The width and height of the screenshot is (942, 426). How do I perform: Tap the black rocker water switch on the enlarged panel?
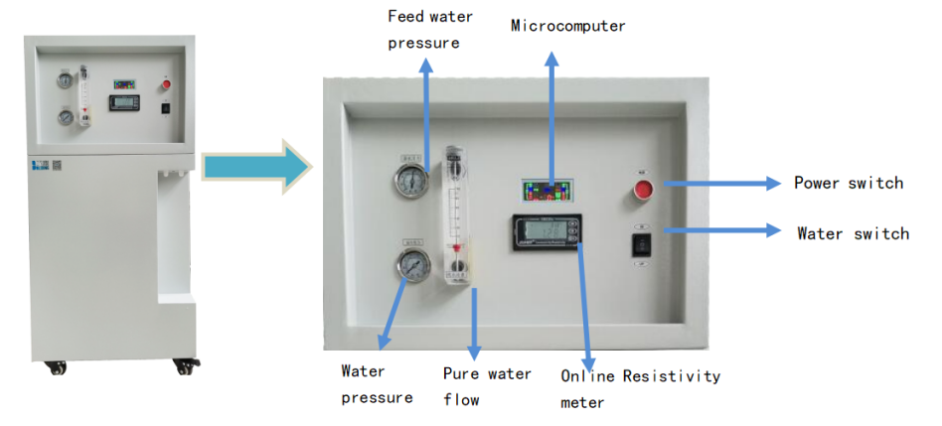click(x=642, y=246)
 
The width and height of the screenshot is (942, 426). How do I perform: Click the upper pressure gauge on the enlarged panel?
click(x=411, y=181)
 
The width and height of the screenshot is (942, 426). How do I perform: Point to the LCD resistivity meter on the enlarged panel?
click(x=546, y=231)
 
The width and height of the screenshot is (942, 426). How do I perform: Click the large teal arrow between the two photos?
click(x=256, y=166)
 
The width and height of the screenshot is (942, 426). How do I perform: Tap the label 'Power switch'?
click(x=849, y=183)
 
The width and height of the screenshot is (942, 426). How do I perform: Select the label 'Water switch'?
click(x=854, y=232)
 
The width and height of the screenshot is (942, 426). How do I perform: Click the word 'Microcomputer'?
click(x=568, y=26)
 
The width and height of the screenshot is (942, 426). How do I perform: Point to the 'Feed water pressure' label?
click(x=430, y=30)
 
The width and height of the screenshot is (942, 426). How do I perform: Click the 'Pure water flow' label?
click(x=487, y=386)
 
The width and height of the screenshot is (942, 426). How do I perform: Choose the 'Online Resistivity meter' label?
click(x=640, y=389)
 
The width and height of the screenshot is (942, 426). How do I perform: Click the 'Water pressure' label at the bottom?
click(x=378, y=384)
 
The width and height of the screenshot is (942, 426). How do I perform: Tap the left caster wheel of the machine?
click(x=59, y=367)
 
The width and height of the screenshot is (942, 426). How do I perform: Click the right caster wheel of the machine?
click(x=185, y=366)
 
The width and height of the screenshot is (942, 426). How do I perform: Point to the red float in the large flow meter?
click(x=456, y=247)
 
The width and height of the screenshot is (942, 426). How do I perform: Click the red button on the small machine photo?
click(x=166, y=84)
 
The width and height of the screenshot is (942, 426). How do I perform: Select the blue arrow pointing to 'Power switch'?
click(x=721, y=184)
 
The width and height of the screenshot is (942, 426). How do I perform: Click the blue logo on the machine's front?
click(x=40, y=165)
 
